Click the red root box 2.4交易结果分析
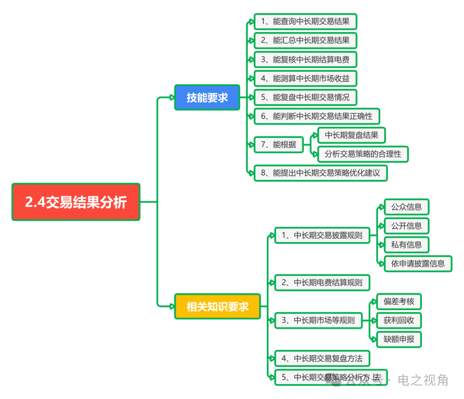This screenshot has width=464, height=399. tap(76, 202)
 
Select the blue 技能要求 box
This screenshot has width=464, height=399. tap(207, 97)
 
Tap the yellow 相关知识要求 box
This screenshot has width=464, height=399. tap(217, 306)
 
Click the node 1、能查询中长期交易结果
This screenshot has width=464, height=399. tap(305, 21)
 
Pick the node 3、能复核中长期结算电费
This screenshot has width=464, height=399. tap(305, 59)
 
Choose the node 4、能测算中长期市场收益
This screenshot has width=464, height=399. tap(305, 78)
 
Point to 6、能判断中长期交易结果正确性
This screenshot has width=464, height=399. tap(317, 116)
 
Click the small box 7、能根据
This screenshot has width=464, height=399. tap(279, 145)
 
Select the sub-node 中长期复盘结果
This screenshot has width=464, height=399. tap(351, 135)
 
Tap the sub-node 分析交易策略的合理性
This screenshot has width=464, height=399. tap(363, 154)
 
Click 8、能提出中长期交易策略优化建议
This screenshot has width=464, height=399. tap(321, 173)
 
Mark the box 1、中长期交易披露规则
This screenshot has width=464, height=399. tap(322, 235)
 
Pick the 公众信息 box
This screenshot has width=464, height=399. tap(406, 207)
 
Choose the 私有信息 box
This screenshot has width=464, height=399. tap(406, 245)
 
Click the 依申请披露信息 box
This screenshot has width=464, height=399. tap(418, 264)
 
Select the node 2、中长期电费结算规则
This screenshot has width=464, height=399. tap(322, 283)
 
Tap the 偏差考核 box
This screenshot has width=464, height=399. tap(399, 302)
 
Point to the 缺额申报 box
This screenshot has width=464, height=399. tap(399, 339)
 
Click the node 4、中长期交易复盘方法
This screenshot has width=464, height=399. tap(322, 359)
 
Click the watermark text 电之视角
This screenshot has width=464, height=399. tap(423, 380)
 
